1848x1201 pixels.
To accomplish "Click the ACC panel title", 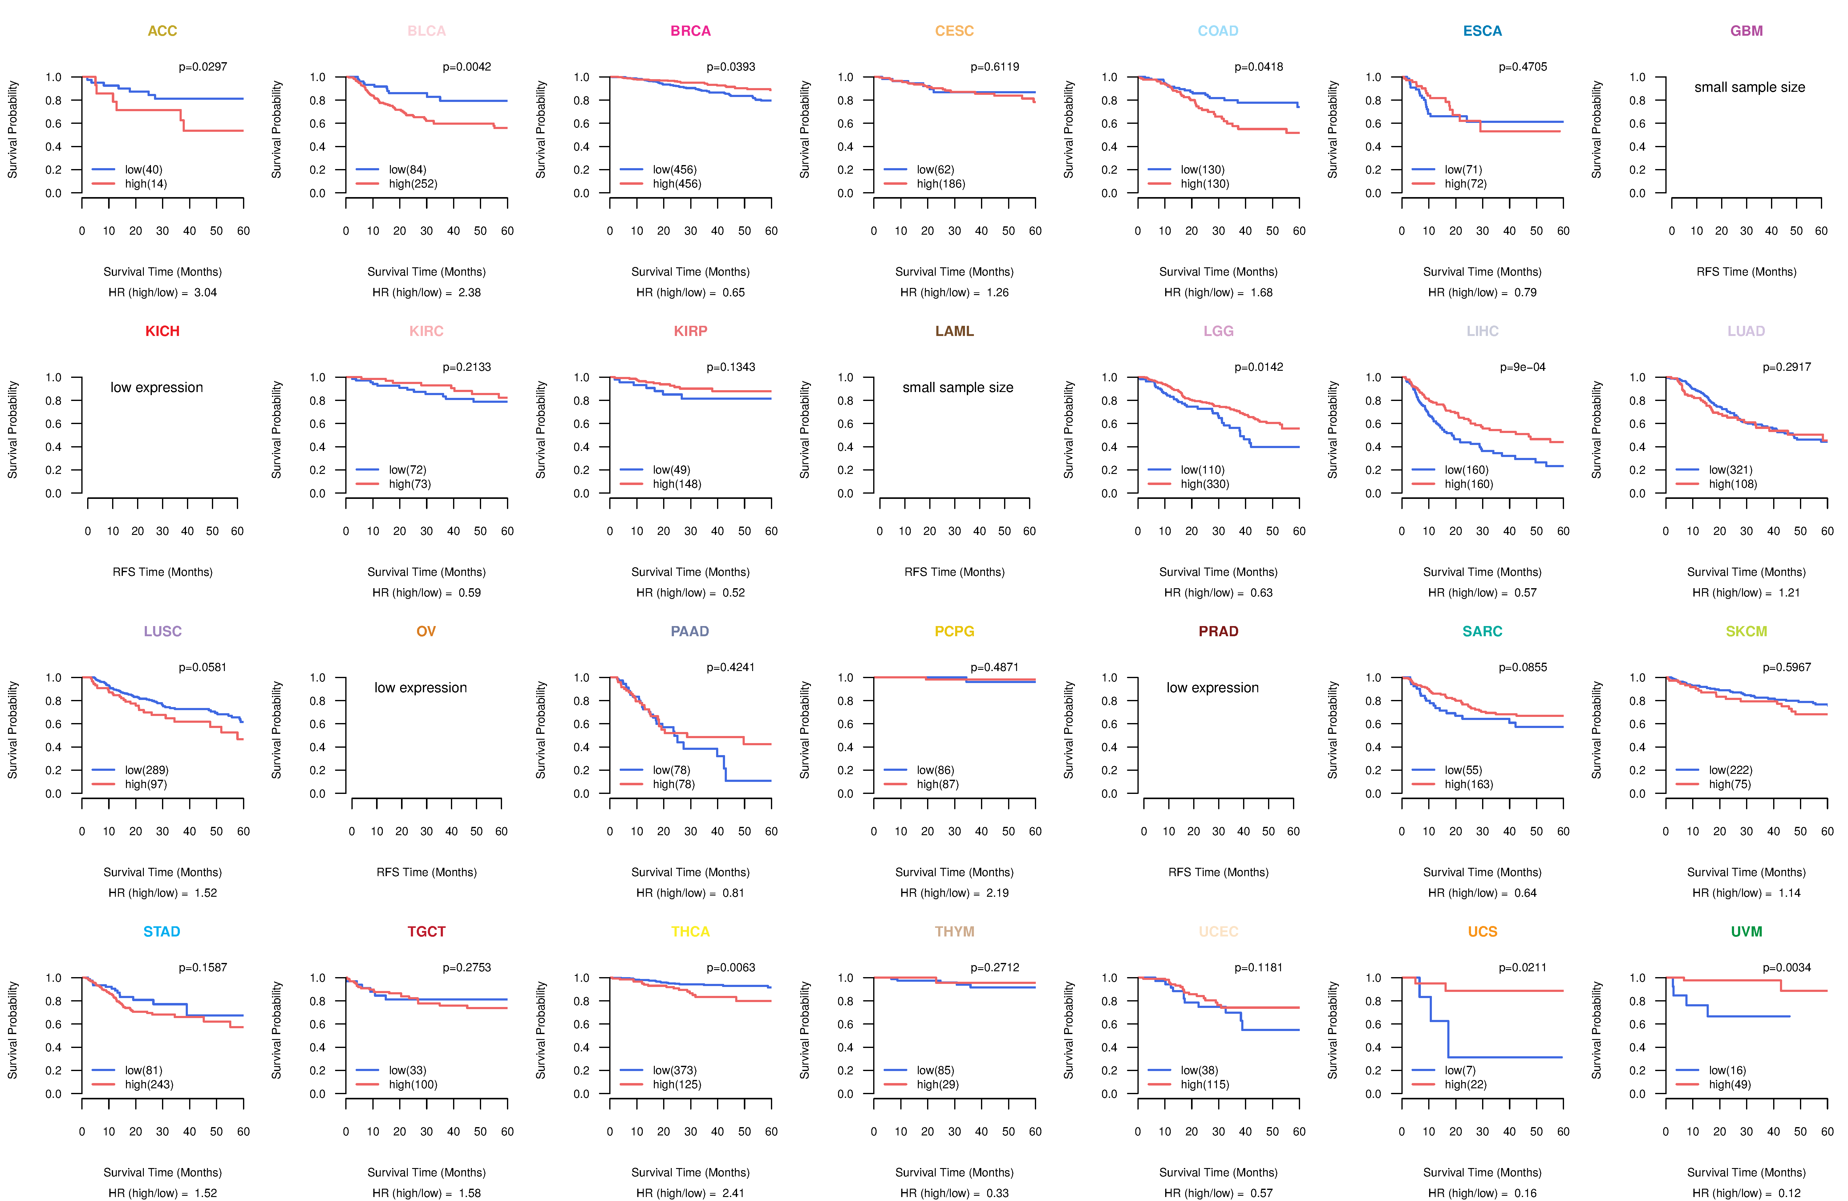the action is [162, 31].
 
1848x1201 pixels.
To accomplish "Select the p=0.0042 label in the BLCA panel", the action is [467, 67].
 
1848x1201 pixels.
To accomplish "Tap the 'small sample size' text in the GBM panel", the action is [1749, 87].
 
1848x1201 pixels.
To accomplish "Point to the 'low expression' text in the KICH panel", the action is [157, 387].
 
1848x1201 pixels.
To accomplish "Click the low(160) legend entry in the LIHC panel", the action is [1466, 470].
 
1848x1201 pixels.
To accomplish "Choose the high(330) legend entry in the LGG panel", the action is [1204, 484].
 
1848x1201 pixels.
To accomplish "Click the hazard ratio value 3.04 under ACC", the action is [205, 293].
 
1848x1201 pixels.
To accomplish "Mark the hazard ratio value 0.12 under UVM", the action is [1789, 1193].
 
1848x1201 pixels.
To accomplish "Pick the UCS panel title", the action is [1482, 932].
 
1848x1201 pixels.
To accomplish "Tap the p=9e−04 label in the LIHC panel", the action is [1523, 367].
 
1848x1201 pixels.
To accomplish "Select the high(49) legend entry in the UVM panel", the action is [1729, 1085].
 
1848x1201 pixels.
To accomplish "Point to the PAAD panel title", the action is [690, 631].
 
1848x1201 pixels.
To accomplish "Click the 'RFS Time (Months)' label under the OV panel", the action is [426, 873].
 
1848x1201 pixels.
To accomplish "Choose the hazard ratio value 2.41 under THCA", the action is [733, 1193].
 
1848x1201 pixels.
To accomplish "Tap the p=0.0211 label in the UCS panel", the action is [1523, 967].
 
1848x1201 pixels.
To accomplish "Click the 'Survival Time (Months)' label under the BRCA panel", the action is [690, 272].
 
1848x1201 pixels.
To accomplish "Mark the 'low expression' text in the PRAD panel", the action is [1213, 688].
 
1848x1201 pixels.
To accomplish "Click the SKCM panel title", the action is [1746, 631].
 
